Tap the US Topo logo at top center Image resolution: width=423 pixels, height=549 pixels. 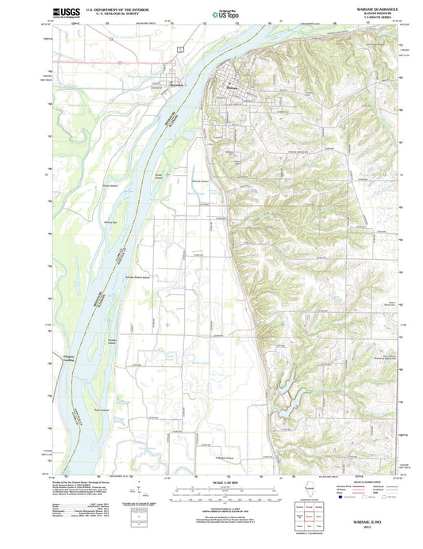pos(222,13)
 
